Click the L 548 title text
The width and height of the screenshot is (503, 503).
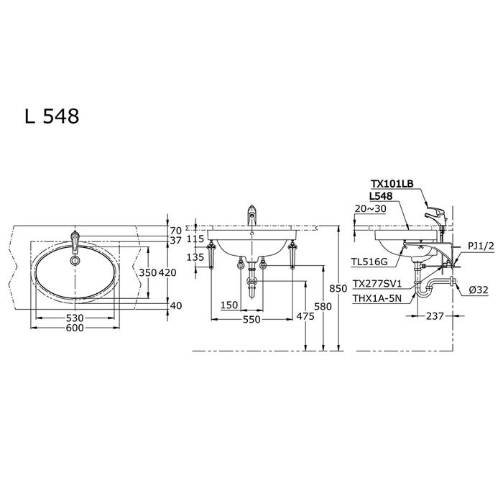pos(52,116)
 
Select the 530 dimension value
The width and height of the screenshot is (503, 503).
pos(75,318)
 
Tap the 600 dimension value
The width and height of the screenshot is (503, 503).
pos(75,328)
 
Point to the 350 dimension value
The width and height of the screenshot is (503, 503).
pos(147,272)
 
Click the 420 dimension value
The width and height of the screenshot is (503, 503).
pos(167,272)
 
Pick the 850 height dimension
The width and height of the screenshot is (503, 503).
pos(338,288)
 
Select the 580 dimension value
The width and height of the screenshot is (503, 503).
pos(323,307)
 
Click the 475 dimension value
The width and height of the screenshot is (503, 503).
pos(305,316)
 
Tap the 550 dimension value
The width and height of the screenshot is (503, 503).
pos(251,320)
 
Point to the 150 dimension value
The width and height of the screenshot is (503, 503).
pos(229,305)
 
